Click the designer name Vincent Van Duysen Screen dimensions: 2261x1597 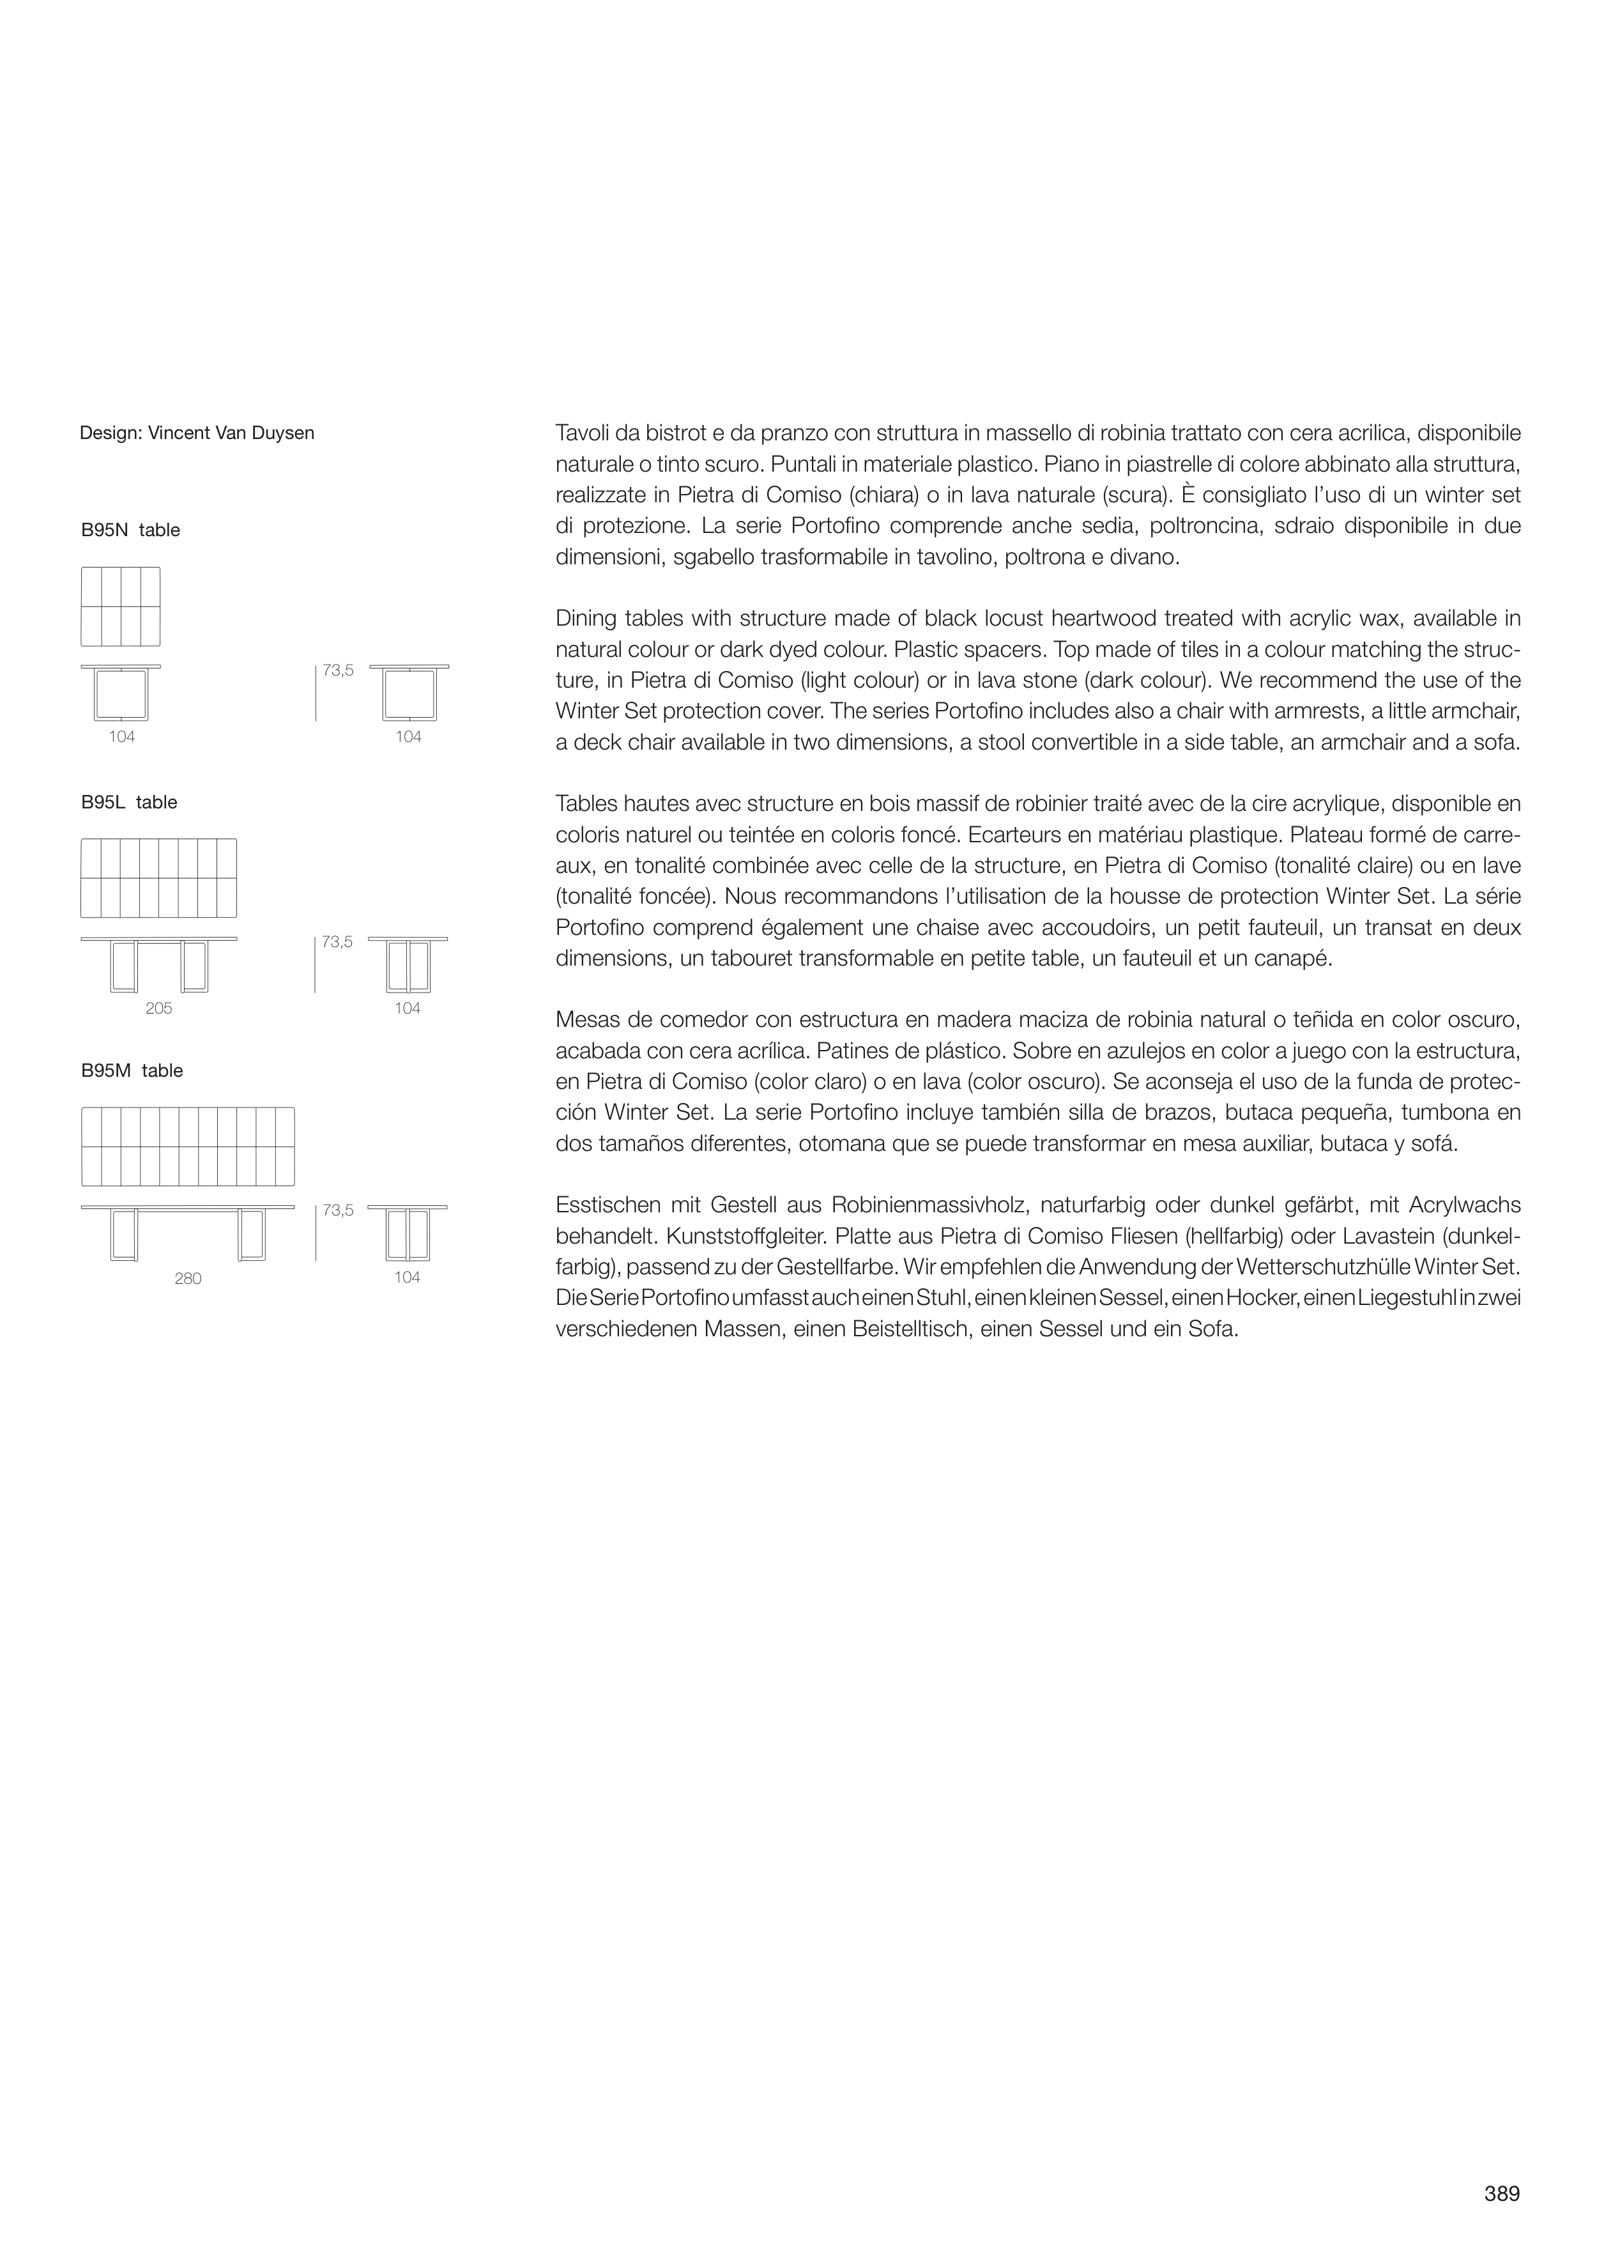point(231,433)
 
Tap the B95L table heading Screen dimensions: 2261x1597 point(129,803)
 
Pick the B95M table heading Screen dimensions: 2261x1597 point(132,1072)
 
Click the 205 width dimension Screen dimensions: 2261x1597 point(158,1008)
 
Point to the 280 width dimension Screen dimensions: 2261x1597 point(188,1278)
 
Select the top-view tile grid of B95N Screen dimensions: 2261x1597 point(120,606)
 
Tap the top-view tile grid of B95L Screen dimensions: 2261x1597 point(158,879)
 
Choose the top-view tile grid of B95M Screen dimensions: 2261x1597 point(188,1147)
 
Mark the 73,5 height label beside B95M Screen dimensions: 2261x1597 point(338,1210)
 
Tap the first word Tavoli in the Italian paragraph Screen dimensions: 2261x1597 point(582,433)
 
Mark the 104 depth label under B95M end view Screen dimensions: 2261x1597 point(407,1278)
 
